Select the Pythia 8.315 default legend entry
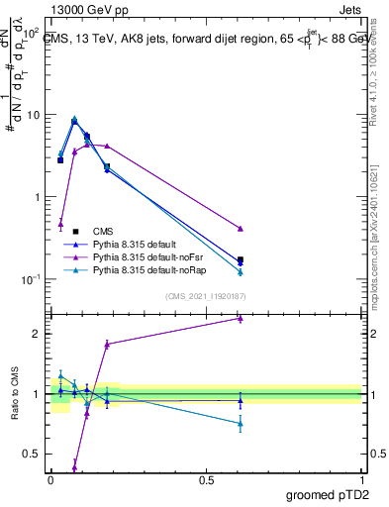pyautogui.click(x=147, y=243)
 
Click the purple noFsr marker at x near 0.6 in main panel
pyautogui.click(x=241, y=229)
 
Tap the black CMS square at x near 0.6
pyautogui.click(x=241, y=259)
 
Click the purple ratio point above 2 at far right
pyautogui.click(x=241, y=318)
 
